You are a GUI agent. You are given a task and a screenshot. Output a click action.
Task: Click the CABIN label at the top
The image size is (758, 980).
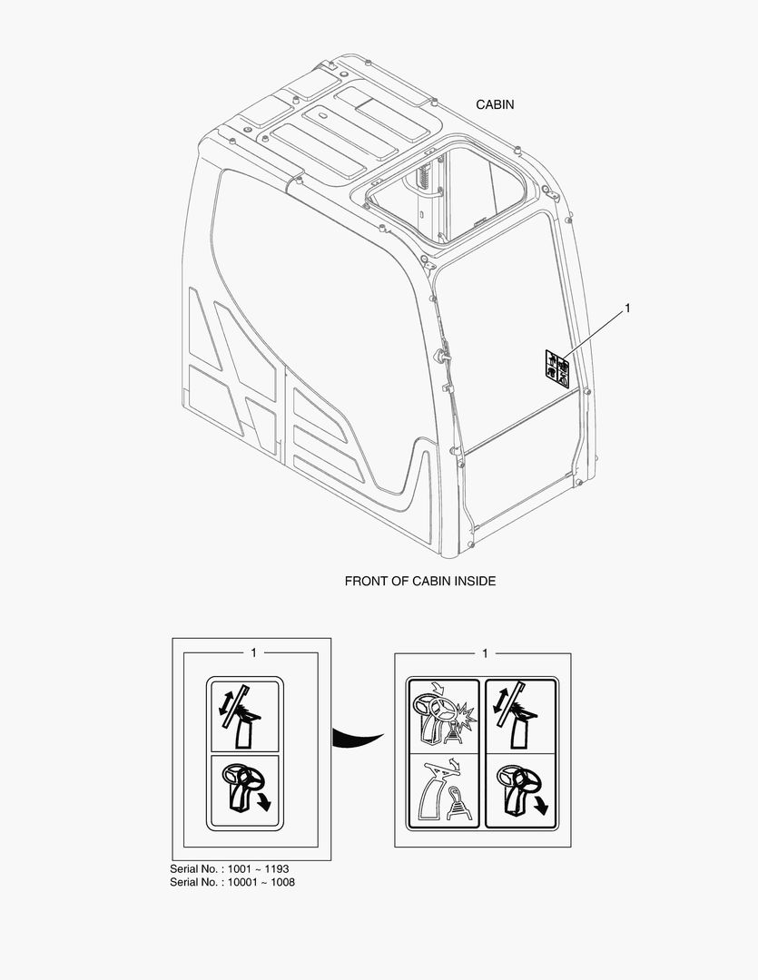495,104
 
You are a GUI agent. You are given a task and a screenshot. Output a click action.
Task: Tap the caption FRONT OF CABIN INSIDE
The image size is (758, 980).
419,581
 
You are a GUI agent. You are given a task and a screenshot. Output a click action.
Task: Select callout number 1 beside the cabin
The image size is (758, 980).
626,309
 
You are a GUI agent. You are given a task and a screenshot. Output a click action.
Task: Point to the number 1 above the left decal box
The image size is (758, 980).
253,652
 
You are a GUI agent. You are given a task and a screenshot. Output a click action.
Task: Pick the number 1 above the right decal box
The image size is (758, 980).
485,652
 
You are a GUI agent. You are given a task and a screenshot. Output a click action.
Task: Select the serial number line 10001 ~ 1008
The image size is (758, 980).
231,881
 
